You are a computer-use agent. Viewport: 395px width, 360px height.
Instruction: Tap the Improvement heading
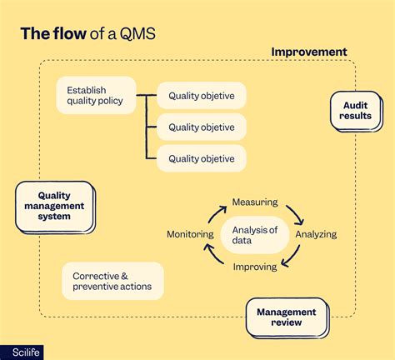pos(309,52)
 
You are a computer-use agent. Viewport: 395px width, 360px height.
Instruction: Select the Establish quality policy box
pos(95,96)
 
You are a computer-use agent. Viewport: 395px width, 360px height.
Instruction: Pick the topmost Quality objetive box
pos(201,96)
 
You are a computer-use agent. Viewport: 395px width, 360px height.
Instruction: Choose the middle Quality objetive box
pos(201,127)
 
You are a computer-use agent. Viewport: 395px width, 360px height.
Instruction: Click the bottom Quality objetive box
pos(201,157)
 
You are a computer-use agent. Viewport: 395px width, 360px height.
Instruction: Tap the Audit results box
pos(357,111)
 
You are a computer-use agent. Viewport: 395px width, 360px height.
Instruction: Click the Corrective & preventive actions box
pos(112,282)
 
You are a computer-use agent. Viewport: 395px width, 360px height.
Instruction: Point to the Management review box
pos(286,317)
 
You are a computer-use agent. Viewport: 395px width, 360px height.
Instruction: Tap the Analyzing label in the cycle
pos(316,234)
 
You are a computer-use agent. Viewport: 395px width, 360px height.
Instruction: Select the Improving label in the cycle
pos(255,268)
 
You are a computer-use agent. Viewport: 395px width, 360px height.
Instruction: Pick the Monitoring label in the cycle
pos(190,234)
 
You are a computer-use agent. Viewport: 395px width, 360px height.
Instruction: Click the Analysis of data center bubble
pos(254,235)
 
